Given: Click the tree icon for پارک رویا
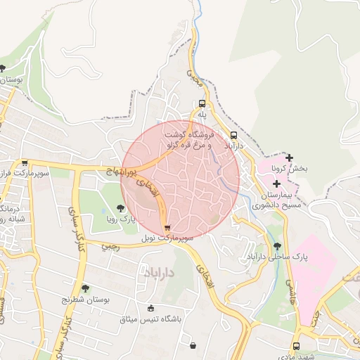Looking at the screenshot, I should [120, 207].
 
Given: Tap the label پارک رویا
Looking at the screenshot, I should [120, 219].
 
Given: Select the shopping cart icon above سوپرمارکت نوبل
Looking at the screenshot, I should [167, 228].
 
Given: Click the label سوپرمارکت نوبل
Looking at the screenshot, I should [167, 239].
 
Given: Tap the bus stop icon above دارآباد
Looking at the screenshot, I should [233, 135].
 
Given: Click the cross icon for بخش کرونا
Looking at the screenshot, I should [290, 157].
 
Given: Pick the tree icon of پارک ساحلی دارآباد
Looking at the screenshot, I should [277, 246].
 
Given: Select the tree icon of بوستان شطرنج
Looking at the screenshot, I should [85, 288].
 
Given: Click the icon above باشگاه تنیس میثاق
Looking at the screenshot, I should [150, 308].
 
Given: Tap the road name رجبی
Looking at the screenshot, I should [110, 247].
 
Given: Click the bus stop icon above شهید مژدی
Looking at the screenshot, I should [295, 346].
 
